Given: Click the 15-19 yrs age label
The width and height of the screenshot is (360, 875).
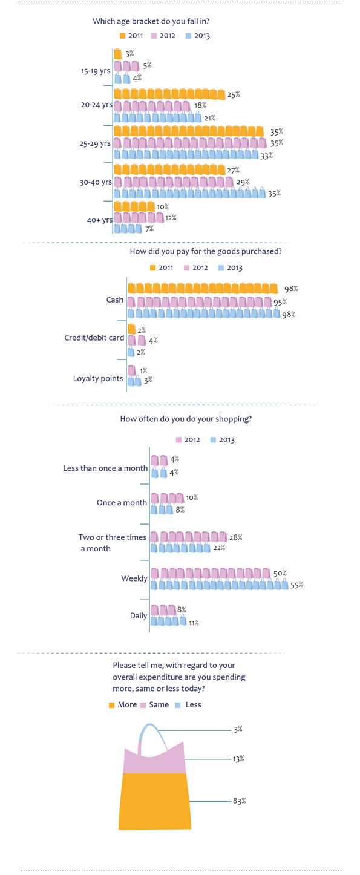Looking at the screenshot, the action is (96, 71).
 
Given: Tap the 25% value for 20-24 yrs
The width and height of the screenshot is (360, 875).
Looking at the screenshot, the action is (234, 94).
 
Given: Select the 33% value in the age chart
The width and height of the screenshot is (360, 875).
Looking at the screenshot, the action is (267, 156).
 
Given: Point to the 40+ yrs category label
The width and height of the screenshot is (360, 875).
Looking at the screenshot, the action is (100, 220).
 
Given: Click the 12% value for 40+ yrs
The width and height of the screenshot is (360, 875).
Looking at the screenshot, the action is (171, 218).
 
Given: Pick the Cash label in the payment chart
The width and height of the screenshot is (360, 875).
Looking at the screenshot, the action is (115, 300).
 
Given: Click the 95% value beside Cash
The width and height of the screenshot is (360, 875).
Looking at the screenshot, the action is (280, 302).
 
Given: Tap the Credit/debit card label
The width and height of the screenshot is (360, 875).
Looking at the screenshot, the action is (94, 338).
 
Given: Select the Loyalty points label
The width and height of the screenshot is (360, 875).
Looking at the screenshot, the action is (98, 379).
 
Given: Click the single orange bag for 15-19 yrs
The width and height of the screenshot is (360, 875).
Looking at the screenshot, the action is (118, 54).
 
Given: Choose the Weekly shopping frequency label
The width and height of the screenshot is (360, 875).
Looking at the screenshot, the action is (134, 578).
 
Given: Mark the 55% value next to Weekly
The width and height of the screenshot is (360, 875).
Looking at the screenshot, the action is (296, 585).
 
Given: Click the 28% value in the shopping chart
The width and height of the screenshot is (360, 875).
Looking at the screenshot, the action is (235, 537).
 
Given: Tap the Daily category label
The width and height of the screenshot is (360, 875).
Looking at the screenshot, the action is (139, 615).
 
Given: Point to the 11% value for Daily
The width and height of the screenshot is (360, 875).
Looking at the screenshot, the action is (194, 623).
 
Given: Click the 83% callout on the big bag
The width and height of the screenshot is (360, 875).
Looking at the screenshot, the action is (240, 801).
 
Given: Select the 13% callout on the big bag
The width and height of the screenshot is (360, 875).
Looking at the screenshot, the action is (238, 759).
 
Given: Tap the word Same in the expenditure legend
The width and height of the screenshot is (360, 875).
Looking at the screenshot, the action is (159, 705).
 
